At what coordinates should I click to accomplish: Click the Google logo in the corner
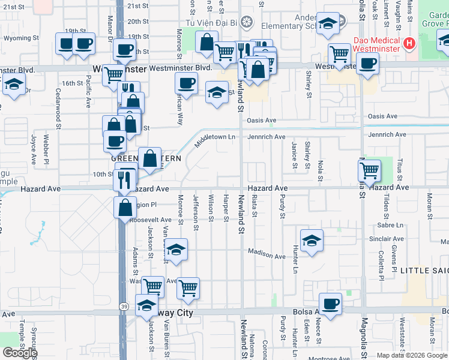(x=19, y=353)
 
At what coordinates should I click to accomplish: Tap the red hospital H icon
(x=409, y=43)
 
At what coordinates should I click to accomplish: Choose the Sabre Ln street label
(x=391, y=225)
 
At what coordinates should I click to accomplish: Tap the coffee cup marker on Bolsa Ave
(x=330, y=304)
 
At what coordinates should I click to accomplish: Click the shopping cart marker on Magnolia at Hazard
(x=370, y=170)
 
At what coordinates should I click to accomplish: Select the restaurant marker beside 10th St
(x=126, y=178)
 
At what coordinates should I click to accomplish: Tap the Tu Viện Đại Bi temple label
(x=211, y=22)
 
